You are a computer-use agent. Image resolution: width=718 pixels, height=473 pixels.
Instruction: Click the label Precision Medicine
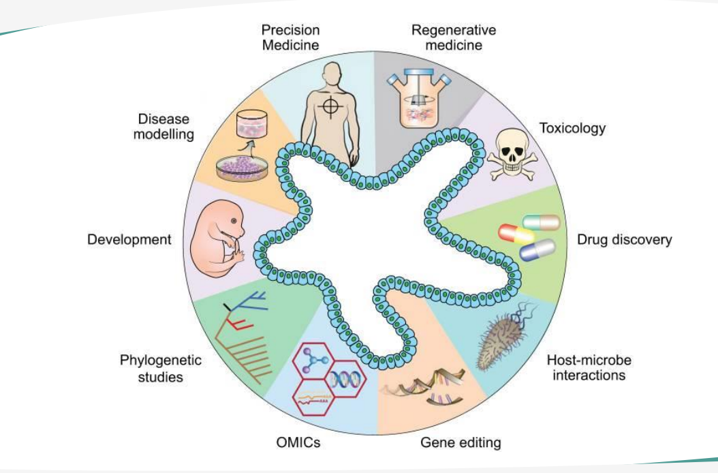pyautogui.click(x=291, y=37)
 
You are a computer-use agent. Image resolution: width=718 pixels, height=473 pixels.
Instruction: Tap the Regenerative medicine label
pyautogui.click(x=454, y=37)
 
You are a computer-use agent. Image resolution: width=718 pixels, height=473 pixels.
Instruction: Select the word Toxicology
pyautogui.click(x=572, y=128)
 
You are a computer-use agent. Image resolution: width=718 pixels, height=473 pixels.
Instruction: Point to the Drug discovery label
pyautogui.click(x=625, y=240)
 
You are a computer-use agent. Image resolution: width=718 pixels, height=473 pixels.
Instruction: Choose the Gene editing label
pyautogui.click(x=461, y=443)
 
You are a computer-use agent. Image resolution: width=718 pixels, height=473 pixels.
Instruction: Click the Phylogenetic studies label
pyautogui.click(x=161, y=368)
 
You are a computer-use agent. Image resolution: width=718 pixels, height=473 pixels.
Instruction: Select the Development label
pyautogui.click(x=129, y=240)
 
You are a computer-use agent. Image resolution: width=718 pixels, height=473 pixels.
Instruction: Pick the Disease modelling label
pyautogui.click(x=163, y=125)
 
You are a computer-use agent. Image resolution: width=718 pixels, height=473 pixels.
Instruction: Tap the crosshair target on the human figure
pyautogui.click(x=332, y=107)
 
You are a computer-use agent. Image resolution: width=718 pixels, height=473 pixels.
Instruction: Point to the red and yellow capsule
pyautogui.click(x=516, y=234)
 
